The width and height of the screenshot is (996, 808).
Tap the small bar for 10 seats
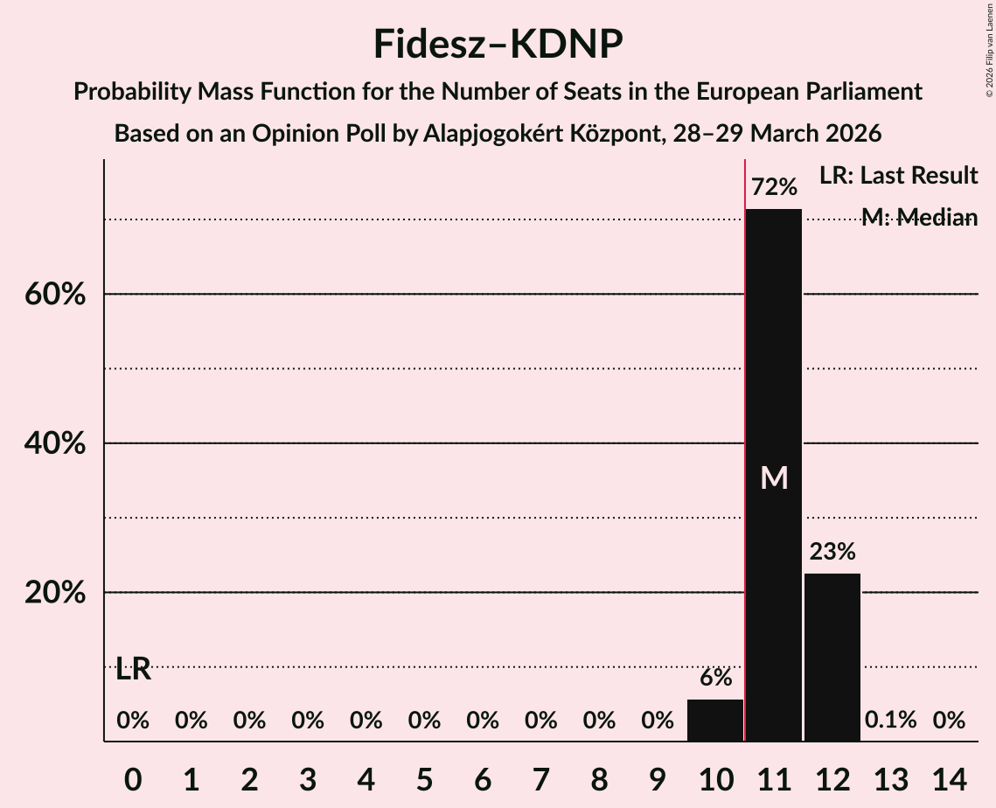coord(714,721)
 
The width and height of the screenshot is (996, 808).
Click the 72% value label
coord(774,187)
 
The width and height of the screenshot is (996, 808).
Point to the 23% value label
coord(832,552)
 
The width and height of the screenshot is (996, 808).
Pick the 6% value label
coord(715,678)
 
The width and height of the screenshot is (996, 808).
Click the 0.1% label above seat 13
coord(890,721)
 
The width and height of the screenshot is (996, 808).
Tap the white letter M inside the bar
coord(774,477)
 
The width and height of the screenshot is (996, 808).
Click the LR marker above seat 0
coord(133,670)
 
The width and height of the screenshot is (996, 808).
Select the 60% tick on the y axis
coord(55,295)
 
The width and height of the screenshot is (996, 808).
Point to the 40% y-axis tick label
coord(55,444)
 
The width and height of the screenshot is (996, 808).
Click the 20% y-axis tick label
coord(55,593)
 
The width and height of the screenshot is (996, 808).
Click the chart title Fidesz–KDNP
coord(498,44)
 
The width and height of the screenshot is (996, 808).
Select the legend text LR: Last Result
coord(898,176)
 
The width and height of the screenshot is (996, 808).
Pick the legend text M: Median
coord(918,218)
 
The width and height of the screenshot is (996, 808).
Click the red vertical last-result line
coord(744,437)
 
